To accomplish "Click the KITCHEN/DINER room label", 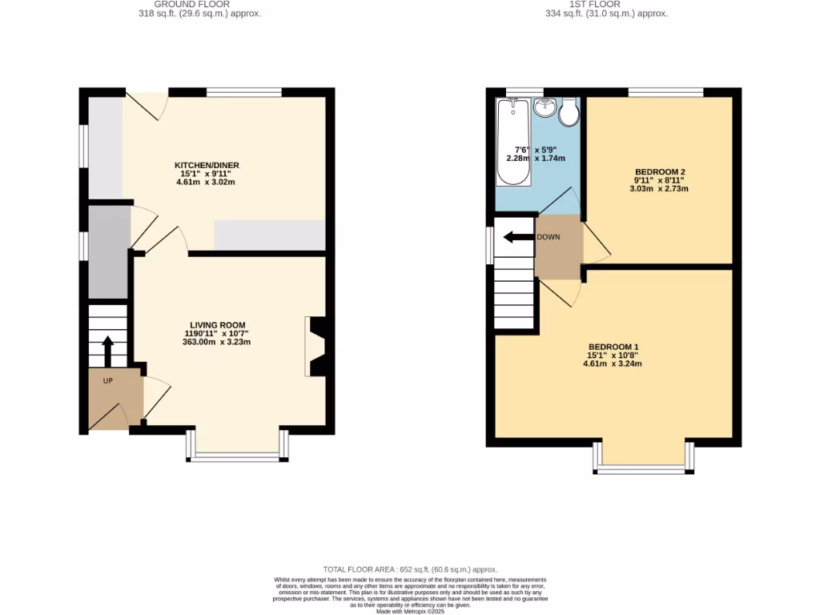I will click(x=207, y=166).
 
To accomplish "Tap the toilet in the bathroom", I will click(x=569, y=114).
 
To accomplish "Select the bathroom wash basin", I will click(x=546, y=107).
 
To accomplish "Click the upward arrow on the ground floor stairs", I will click(x=107, y=350).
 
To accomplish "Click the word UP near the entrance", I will click(x=107, y=380).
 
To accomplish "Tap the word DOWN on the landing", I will click(x=549, y=237).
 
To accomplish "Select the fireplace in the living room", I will click(x=315, y=346).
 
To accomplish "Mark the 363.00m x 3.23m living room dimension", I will click(x=217, y=343).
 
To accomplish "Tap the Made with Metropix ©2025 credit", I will click(x=411, y=611).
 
